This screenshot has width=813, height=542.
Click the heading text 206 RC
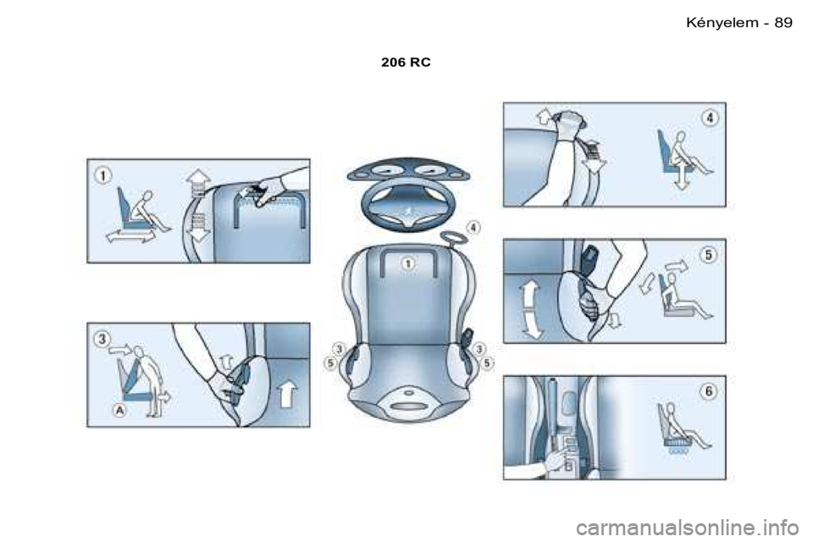(x=406, y=62)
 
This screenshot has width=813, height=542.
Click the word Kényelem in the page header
(x=722, y=22)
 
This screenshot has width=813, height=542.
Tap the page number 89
(x=783, y=22)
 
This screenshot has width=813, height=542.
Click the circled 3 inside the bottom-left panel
(x=102, y=340)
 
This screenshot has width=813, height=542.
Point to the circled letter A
(x=119, y=410)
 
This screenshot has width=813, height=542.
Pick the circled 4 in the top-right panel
(x=710, y=119)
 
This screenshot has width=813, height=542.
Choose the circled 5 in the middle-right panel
(x=708, y=255)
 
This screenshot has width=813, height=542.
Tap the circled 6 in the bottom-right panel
(x=709, y=391)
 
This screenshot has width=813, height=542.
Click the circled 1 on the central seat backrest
(x=408, y=263)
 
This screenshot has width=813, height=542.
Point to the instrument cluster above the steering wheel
(x=408, y=170)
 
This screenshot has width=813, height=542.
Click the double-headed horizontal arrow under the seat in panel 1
(x=130, y=236)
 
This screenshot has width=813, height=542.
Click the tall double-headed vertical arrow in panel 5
(x=530, y=310)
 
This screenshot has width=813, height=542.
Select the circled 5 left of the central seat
(x=330, y=363)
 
